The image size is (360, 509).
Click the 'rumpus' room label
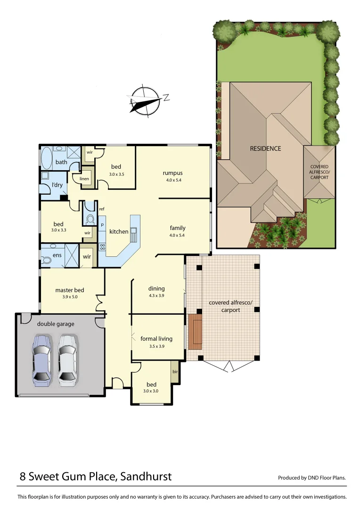coord(172,173)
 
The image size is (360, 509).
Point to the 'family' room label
coord(178,228)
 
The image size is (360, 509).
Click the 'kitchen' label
coord(119,231)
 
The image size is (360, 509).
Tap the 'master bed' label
coord(70,290)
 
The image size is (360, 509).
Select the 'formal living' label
coord(156,338)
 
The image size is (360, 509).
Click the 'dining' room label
coord(156,288)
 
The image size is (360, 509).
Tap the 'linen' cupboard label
coord(84,179)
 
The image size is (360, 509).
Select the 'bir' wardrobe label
coord(175,372)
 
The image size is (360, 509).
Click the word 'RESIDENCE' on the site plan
coord(265,148)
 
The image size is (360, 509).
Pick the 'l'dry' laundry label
coord(57,185)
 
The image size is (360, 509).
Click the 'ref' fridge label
coord(102,209)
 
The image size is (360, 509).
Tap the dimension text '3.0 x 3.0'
coord(151,391)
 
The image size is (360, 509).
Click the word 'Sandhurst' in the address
coord(146,476)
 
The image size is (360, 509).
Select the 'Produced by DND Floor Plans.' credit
coord(312,477)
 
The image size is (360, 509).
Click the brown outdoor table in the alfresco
coord(195,332)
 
